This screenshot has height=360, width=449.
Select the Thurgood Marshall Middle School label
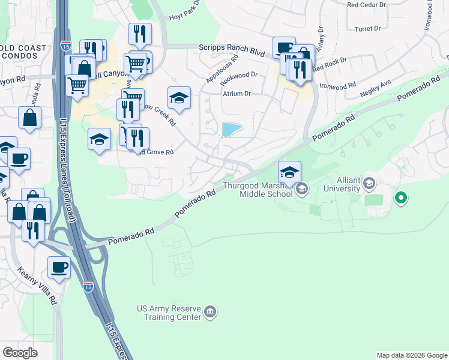click(x=258, y=189)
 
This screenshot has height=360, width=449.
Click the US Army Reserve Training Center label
click(x=169, y=312)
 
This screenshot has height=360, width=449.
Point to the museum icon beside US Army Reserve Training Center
click(x=210, y=311)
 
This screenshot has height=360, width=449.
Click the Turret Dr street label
click(x=369, y=28)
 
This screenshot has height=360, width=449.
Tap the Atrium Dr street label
click(x=237, y=94)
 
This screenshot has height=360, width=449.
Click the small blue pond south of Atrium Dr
click(x=231, y=129)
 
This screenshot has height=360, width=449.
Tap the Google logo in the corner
click(x=20, y=353)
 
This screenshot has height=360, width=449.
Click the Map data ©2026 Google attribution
click(x=412, y=355)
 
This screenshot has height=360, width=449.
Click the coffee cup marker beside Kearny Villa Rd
click(x=59, y=268)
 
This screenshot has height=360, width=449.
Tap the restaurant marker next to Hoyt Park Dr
click(x=140, y=34)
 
